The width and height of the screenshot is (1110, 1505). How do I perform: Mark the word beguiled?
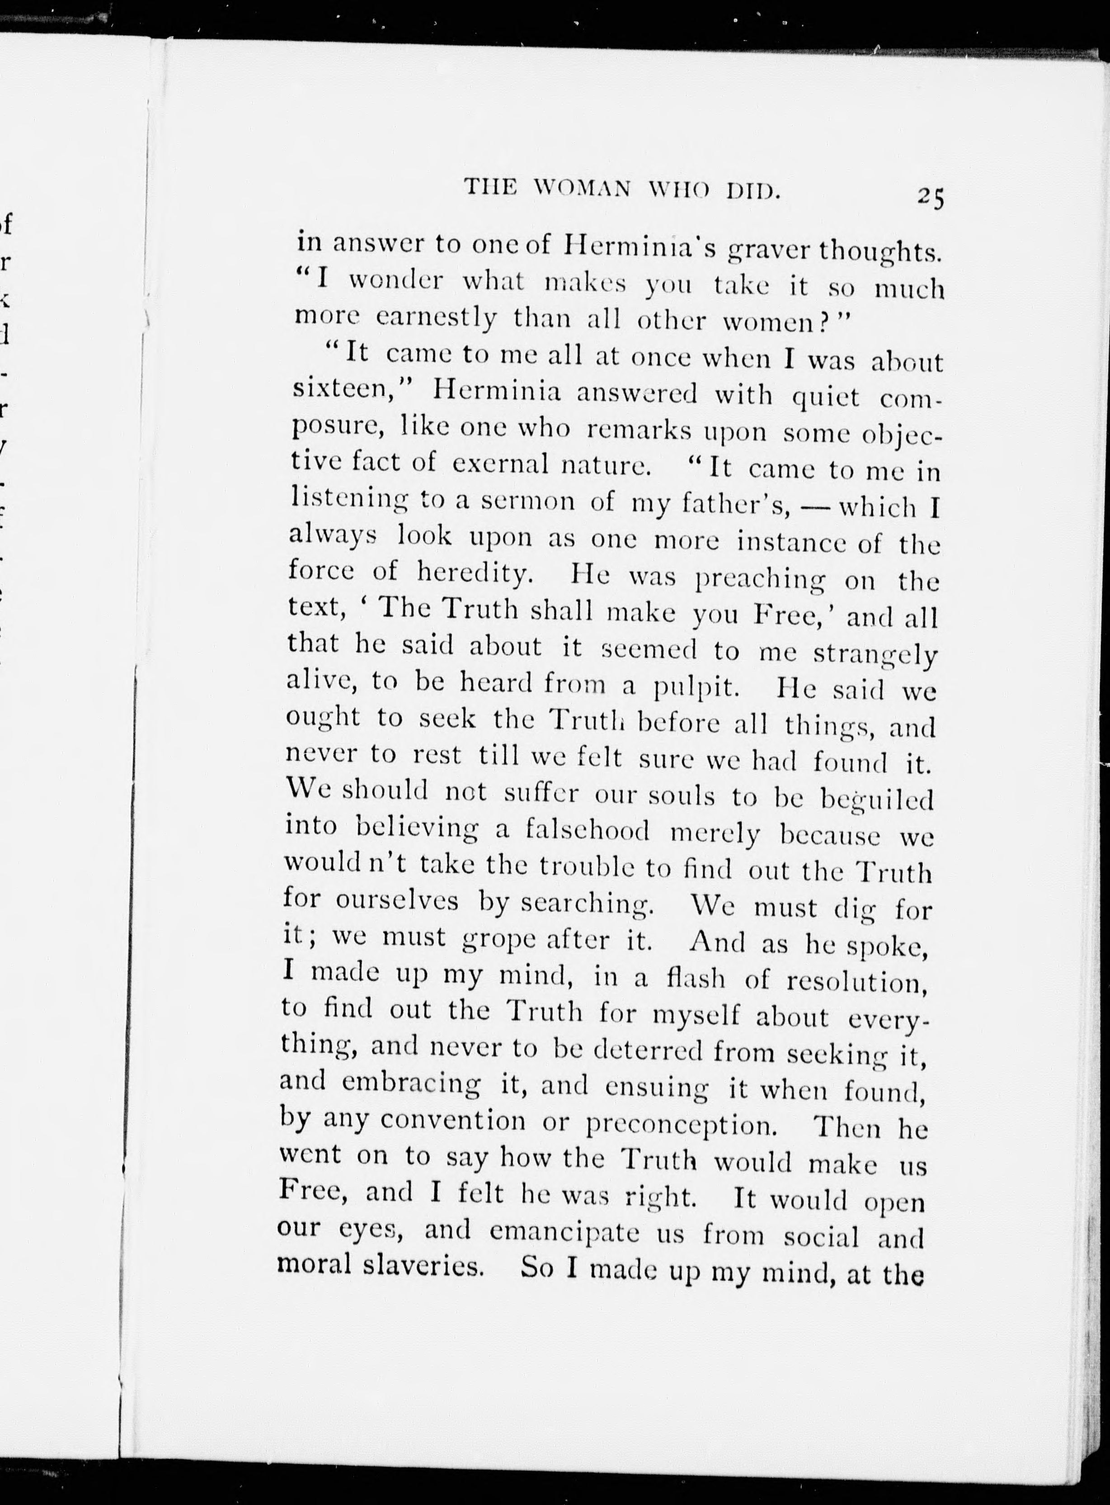click(x=877, y=800)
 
